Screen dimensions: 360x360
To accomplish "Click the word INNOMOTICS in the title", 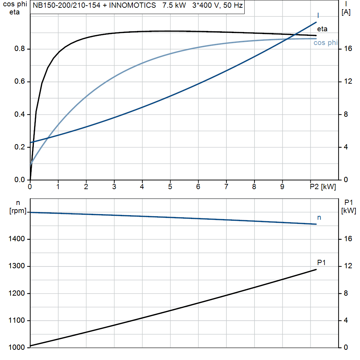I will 135,6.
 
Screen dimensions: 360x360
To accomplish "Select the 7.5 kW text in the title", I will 174,6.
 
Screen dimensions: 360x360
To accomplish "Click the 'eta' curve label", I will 322,29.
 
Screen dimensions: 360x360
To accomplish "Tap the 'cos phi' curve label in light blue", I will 326,43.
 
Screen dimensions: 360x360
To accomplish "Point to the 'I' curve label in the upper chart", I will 318,15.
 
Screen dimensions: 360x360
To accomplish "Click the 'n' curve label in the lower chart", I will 319,218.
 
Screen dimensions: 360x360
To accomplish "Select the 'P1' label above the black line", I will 321,263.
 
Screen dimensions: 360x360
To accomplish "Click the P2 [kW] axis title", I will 323,187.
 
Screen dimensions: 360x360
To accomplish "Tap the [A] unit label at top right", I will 346,12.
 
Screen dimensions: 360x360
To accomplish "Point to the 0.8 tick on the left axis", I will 19,49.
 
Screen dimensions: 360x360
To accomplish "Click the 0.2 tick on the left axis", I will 19,147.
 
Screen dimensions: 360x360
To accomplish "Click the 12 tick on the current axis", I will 348,82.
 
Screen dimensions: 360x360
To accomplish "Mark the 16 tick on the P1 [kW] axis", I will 348,239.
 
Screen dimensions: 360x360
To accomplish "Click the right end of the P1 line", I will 316,269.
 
